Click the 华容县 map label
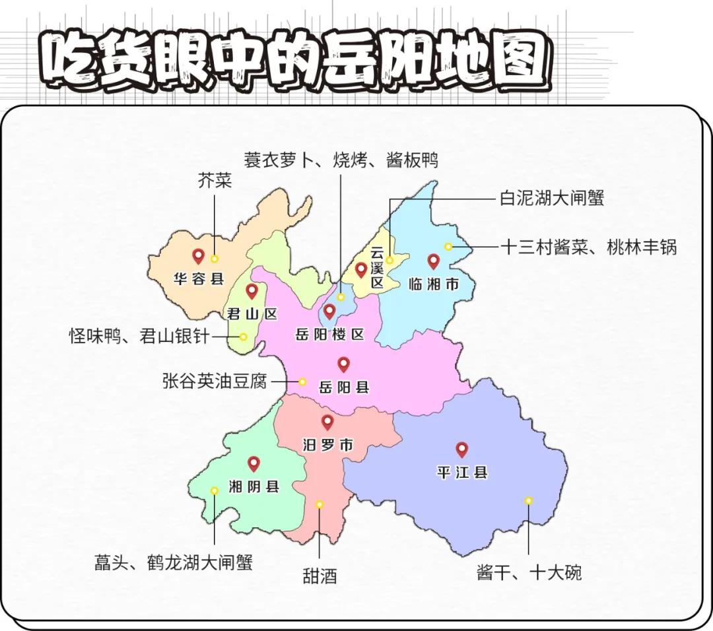(x=199, y=279)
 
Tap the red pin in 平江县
(x=461, y=450)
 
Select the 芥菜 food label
(x=215, y=181)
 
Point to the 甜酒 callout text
(x=320, y=576)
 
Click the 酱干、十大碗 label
(x=529, y=572)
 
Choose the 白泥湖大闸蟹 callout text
(x=552, y=197)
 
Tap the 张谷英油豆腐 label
(x=215, y=382)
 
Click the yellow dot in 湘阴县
(x=214, y=490)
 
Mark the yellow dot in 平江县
(x=528, y=500)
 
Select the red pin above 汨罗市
(x=327, y=422)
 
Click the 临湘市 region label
(x=433, y=284)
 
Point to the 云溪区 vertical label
(x=377, y=268)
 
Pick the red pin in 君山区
(x=252, y=291)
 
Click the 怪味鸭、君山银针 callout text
(x=139, y=337)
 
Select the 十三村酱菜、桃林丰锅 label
(x=589, y=247)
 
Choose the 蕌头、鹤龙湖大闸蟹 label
(x=173, y=562)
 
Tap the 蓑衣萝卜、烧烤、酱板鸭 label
(x=341, y=160)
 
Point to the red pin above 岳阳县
(x=343, y=364)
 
